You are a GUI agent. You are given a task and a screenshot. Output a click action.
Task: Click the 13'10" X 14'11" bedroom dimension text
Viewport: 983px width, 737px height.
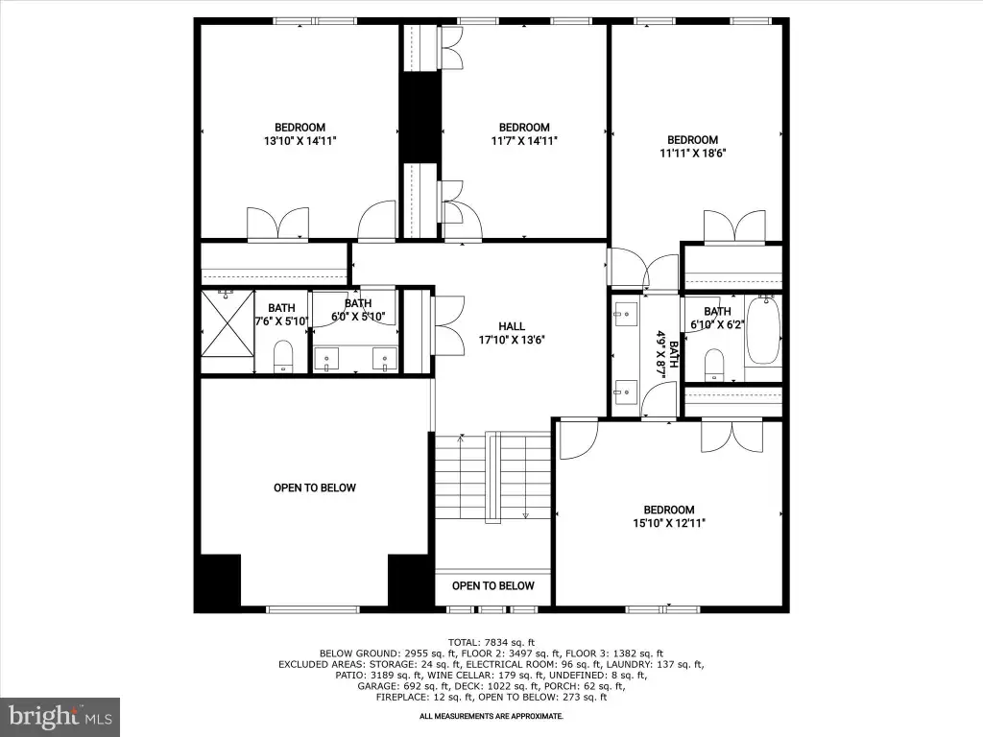300,141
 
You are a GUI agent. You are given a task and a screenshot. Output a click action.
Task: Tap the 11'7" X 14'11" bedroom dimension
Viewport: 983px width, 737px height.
524,141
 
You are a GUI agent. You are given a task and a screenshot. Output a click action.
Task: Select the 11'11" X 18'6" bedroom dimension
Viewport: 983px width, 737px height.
693,153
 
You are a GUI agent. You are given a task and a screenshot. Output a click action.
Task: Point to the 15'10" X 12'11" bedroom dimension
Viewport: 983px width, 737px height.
669,523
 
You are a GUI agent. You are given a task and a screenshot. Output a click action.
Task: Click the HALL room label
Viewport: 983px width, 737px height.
512,326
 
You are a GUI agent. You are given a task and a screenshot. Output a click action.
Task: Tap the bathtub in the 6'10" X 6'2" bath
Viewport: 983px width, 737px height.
763,330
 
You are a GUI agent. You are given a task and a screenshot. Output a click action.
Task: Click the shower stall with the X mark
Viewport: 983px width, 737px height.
227,323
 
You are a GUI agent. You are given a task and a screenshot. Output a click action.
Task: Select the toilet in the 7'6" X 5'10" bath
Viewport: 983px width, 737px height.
283,356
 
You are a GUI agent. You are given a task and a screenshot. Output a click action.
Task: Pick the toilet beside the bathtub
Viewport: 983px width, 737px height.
714,365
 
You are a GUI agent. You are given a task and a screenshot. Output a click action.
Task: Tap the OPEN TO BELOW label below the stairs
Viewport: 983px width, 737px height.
493,586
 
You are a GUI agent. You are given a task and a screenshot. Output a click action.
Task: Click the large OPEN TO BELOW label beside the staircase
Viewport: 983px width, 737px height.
315,488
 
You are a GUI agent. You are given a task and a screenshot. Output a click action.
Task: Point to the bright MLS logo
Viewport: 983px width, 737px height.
60,717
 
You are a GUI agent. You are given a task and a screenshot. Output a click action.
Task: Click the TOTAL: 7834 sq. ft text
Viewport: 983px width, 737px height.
491,642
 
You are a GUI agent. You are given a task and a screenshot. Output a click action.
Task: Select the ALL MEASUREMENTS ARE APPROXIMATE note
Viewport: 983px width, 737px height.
491,716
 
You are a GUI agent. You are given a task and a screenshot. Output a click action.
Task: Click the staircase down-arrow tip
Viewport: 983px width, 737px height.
525,517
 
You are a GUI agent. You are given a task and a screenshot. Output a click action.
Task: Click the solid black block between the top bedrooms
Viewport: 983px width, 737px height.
420,118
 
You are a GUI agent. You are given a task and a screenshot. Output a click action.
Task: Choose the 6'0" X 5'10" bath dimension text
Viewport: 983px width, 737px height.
358,317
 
